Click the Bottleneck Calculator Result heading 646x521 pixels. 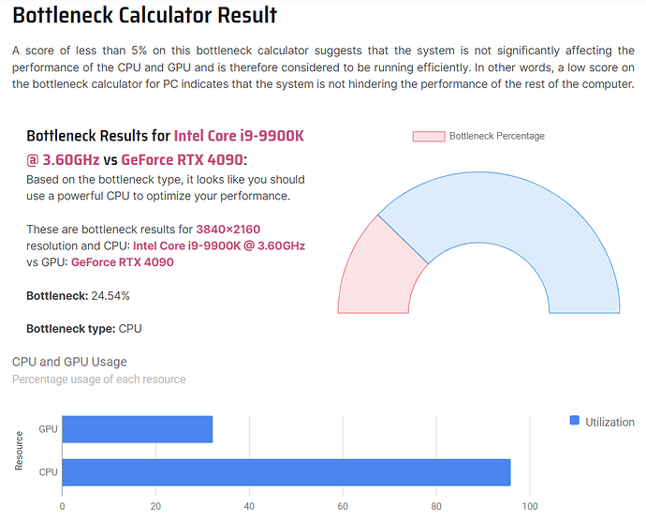pyautogui.click(x=145, y=16)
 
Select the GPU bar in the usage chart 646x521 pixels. pyautogui.click(x=137, y=429)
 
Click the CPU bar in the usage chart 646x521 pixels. pyautogui.click(x=286, y=472)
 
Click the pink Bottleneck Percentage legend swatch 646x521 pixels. pyautogui.click(x=428, y=136)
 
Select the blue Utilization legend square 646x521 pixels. pyautogui.click(x=575, y=422)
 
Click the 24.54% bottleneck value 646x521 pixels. pyautogui.click(x=110, y=296)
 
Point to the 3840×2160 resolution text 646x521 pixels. pyautogui.click(x=228, y=230)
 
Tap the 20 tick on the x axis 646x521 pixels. pyautogui.click(x=155, y=507)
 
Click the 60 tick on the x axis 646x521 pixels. pyautogui.click(x=343, y=507)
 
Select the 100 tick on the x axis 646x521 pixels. pyautogui.click(x=530, y=507)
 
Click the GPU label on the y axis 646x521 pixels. pyautogui.click(x=48, y=429)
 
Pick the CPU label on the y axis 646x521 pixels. pyautogui.click(x=48, y=472)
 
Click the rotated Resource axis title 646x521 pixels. pyautogui.click(x=19, y=451)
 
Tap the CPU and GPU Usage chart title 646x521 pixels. pyautogui.click(x=69, y=362)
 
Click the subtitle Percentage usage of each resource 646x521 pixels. pyautogui.click(x=98, y=380)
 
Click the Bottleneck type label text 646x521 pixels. pyautogui.click(x=69, y=329)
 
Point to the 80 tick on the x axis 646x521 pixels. pyautogui.click(x=436, y=507)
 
